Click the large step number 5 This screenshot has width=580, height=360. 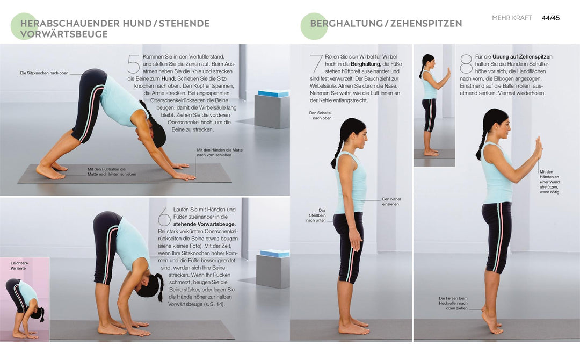point(134,64)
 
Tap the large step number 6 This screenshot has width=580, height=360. point(164,218)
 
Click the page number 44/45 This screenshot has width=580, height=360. point(550,18)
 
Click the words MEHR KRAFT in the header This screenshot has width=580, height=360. point(512,18)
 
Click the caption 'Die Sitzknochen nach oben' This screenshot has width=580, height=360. point(44,73)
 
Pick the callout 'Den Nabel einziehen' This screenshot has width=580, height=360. point(391,201)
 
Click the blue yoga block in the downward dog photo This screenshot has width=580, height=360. point(273,93)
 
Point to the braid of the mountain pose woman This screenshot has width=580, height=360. point(337,155)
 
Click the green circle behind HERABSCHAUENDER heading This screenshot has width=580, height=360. point(24,26)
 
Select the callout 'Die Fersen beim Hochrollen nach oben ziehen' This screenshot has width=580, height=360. point(453,303)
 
